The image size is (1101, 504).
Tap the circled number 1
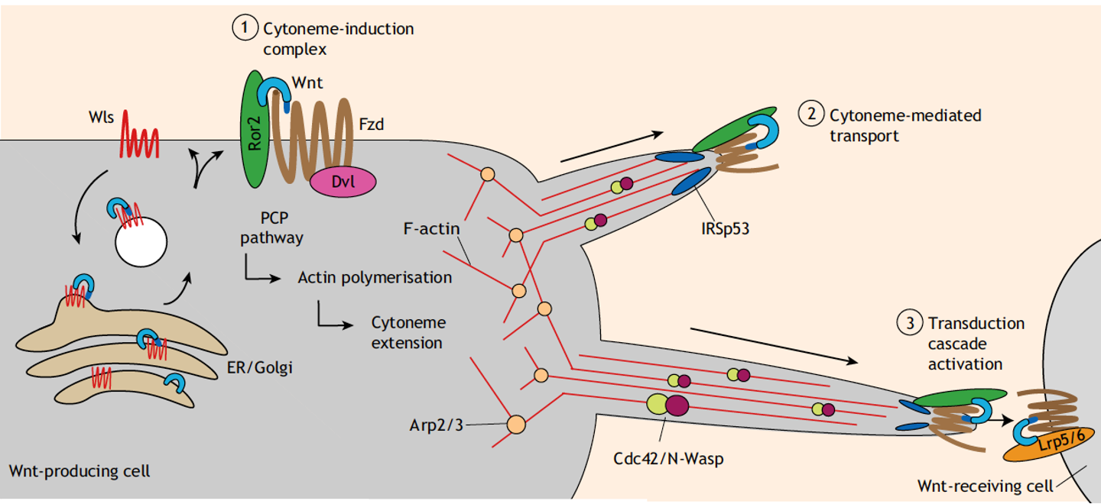coord(242,29)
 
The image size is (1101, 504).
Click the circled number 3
coord(907,322)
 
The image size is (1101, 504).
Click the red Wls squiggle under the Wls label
coord(138,141)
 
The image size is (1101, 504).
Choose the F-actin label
coord(431,228)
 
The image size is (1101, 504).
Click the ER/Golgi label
coord(261,368)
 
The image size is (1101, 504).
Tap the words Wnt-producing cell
coord(80,470)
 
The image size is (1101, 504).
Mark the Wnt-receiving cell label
coord(983,484)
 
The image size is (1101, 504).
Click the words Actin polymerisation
coord(375,277)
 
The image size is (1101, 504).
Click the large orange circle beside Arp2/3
coord(516,424)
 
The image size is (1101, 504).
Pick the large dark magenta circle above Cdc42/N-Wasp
coord(677,405)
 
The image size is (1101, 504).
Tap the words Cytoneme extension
coord(408,333)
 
